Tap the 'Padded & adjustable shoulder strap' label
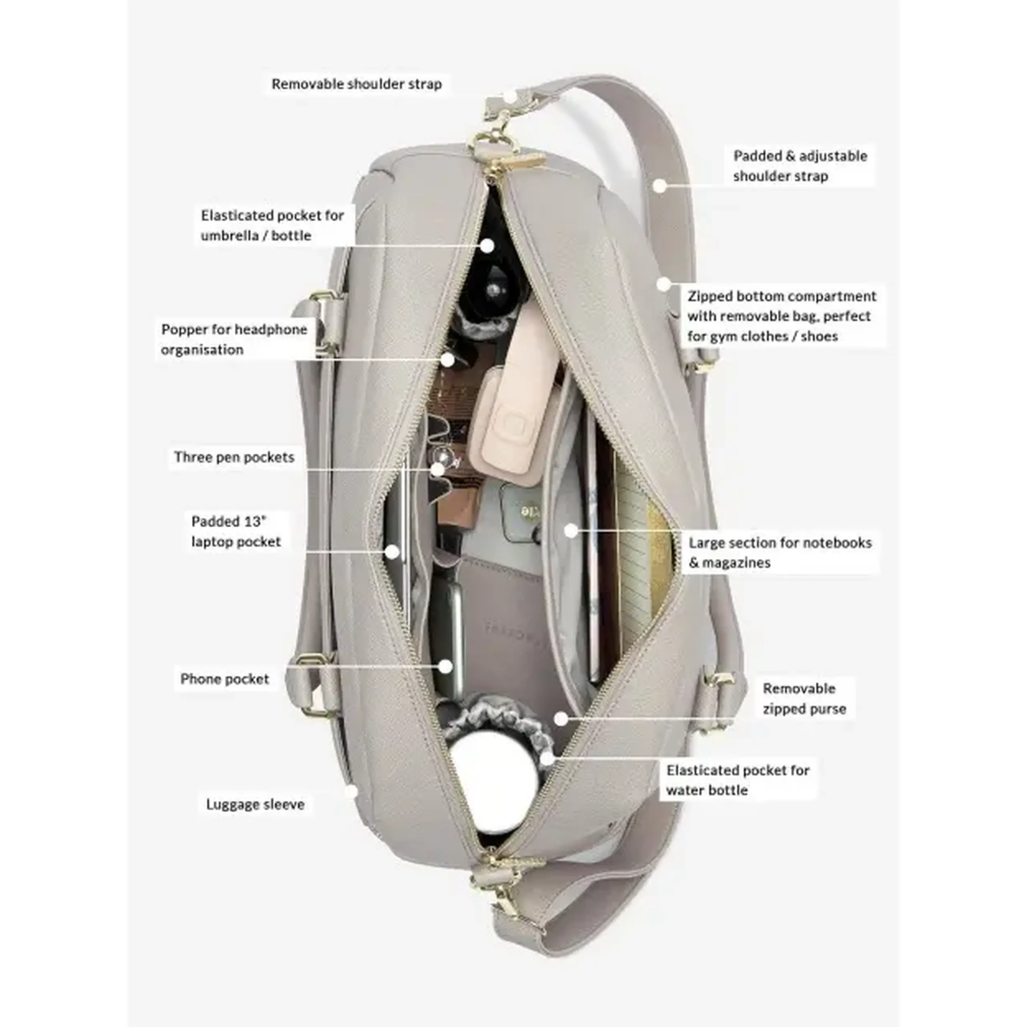800,166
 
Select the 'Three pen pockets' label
234,457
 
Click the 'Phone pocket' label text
225,679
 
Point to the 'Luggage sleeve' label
255,804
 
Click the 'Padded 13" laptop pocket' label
236,531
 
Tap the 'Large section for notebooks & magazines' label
780,552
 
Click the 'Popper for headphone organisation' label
234,339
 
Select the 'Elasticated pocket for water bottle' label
738,780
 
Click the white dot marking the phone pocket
446,666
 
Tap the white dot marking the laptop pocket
392,552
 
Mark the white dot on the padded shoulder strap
659,185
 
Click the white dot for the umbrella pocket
487,246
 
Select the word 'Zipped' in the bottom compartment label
710,296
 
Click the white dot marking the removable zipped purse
560,718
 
